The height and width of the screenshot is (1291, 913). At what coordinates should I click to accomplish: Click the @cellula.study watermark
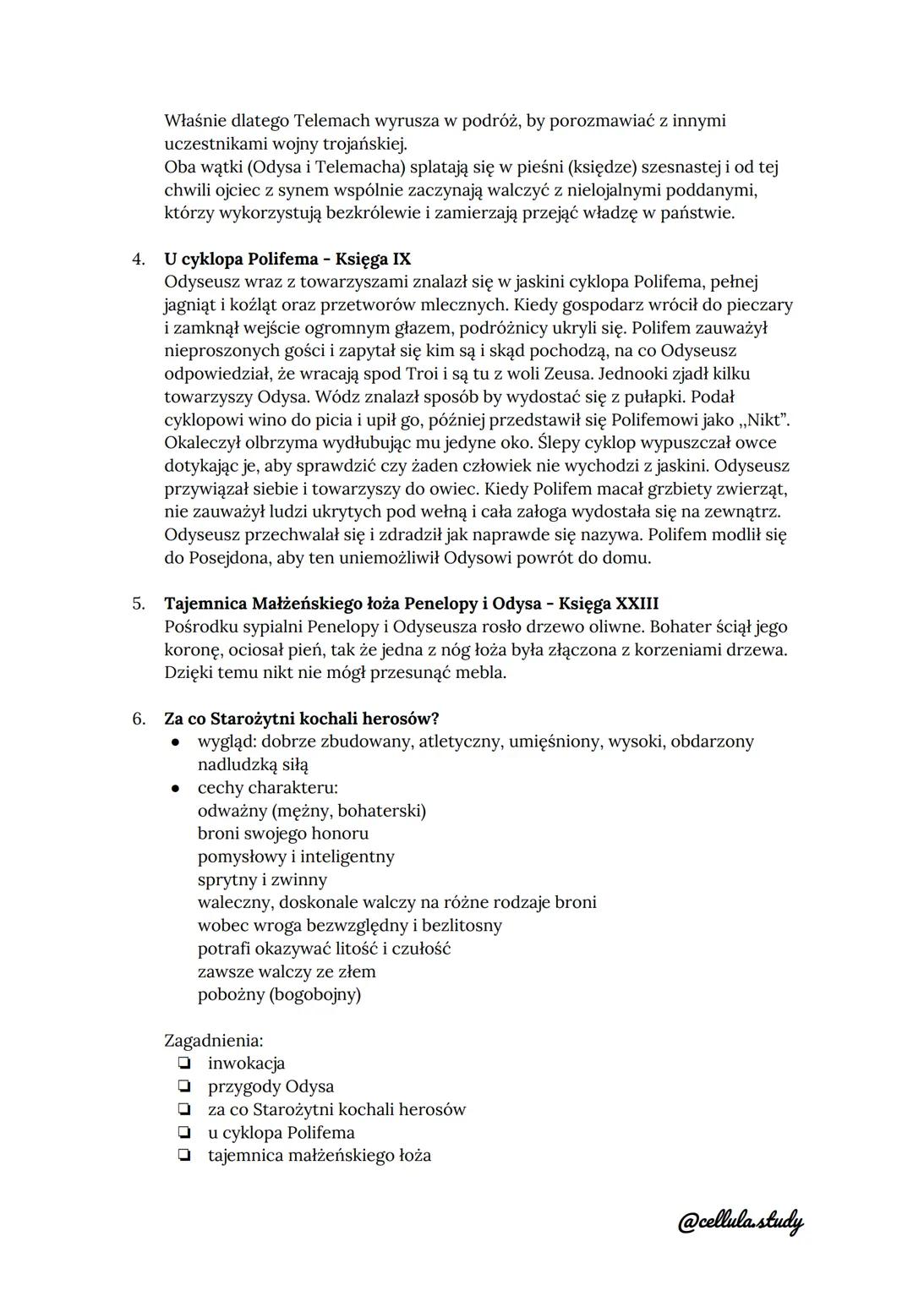(740, 1221)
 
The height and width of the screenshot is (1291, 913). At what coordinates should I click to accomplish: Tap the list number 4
(139, 259)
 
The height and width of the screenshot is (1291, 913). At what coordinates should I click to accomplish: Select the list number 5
(139, 604)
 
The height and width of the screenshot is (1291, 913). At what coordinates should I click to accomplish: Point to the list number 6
(139, 719)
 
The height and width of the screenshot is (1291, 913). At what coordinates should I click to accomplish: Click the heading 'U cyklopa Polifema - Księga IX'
(287, 259)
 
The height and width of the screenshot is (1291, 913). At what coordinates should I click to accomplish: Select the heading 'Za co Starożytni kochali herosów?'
(302, 719)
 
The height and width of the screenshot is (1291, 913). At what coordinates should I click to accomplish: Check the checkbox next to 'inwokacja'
(183, 1064)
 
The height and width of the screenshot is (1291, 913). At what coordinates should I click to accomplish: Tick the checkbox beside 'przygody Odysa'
(183, 1086)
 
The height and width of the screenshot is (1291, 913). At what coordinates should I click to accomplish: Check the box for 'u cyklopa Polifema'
(183, 1133)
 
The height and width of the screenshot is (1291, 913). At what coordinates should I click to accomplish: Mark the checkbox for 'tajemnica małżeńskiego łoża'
(183, 1156)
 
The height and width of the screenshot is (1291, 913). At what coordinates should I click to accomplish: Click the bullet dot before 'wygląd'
(175, 742)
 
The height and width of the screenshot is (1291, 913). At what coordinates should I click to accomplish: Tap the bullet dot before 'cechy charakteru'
(175, 788)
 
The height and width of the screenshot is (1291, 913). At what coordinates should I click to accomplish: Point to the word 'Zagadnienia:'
(213, 1041)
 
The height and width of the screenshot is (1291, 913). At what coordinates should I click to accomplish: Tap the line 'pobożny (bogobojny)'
(279, 994)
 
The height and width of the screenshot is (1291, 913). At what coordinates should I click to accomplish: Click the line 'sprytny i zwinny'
(262, 879)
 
